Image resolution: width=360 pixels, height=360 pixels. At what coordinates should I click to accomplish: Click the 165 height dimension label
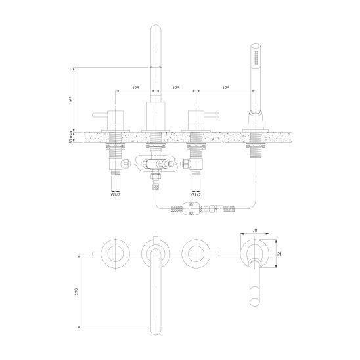[71, 99]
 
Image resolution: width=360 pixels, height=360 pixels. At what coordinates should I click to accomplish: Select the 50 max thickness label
[71, 137]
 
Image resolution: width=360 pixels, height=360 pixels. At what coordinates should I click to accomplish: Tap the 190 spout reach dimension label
[76, 292]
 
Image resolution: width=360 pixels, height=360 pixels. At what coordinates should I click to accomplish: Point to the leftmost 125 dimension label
[136, 88]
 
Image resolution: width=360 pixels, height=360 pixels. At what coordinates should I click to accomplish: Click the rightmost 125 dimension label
[226, 88]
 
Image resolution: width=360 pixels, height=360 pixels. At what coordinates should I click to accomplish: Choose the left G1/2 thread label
[116, 195]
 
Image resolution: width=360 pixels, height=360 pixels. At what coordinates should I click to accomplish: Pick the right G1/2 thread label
[196, 195]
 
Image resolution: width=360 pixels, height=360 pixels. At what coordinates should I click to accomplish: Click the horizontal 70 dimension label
[255, 230]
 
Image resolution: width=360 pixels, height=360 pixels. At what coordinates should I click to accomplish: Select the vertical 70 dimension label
[279, 254]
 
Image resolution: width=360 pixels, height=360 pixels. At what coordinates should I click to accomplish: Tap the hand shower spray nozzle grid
[256, 57]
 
